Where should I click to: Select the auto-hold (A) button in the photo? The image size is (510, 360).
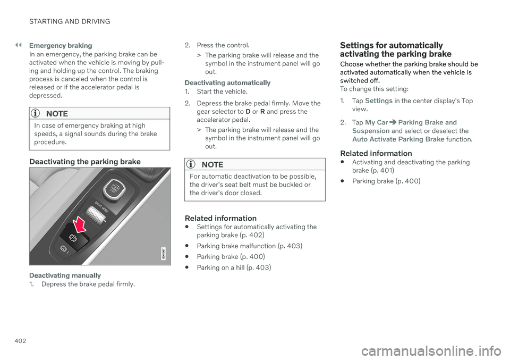pos(64,249)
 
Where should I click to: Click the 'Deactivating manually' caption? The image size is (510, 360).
pos(65,275)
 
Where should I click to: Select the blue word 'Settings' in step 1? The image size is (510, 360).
pos(379,101)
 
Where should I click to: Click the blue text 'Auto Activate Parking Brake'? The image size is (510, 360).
pos(398,139)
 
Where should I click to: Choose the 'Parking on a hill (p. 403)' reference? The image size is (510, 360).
pos(234,267)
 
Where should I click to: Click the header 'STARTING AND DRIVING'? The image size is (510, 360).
pos(70,21)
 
